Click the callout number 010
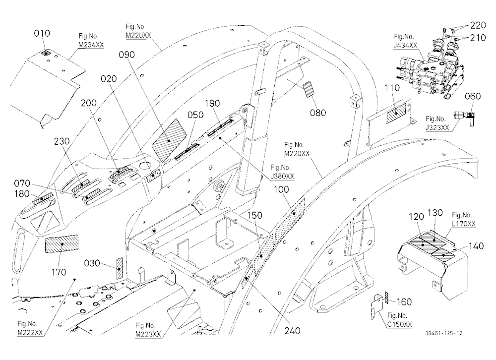pyautogui.click(x=42, y=33)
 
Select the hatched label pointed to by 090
pyautogui.click(x=169, y=140)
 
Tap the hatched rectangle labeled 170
pyautogui.click(x=62, y=244)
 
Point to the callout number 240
pyautogui.click(x=292, y=331)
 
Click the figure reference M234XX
pyautogui.click(x=91, y=45)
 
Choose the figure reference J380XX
pyautogui.click(x=282, y=176)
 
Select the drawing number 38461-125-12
pyautogui.click(x=444, y=333)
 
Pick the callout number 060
pyautogui.click(x=473, y=96)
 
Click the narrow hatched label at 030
pyautogui.click(x=119, y=268)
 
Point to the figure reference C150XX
pyautogui.click(x=399, y=324)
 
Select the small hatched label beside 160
pyautogui.click(x=386, y=298)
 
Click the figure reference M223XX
pyautogui.click(x=148, y=334)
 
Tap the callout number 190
pyautogui.click(x=212, y=104)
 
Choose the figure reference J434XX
pyautogui.click(x=406, y=46)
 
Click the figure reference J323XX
pyautogui.click(x=437, y=127)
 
